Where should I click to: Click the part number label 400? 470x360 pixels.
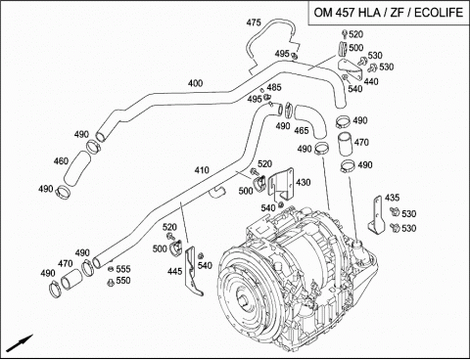pos(195,83)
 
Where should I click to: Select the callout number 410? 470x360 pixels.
pos(202,170)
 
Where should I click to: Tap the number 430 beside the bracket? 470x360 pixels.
pos(304,182)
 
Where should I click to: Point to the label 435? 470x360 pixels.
pos(392,198)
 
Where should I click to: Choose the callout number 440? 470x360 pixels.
pos(371,81)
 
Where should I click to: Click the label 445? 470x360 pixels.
pos(174,271)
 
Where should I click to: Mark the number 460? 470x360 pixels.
pos(61,161)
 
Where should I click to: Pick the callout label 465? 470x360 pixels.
pos(302,130)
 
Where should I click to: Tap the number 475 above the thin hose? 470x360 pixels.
pos(254,22)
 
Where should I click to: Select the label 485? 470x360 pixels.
pos(274,87)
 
